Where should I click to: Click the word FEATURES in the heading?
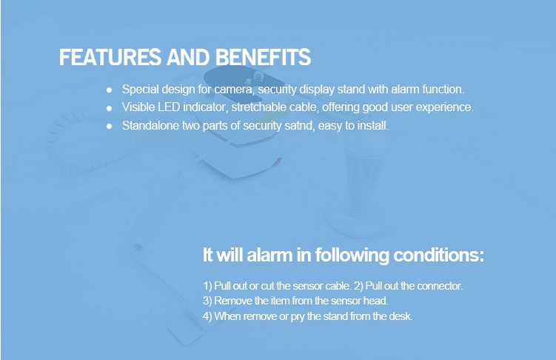pos(110,57)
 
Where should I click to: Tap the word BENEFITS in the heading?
pos(263,57)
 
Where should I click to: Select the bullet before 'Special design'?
pos(110,90)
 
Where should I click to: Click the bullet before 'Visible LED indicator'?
pos(110,108)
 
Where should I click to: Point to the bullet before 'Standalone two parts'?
pos(110,126)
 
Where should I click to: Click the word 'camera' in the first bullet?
pos(235,90)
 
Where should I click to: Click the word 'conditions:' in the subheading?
pos(438,255)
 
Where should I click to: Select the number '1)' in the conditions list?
pos(207,286)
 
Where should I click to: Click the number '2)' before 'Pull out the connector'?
pos(358,286)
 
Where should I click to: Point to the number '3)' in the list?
pos(207,301)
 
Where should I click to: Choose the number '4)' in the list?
pos(207,316)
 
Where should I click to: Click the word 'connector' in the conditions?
pos(440,286)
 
